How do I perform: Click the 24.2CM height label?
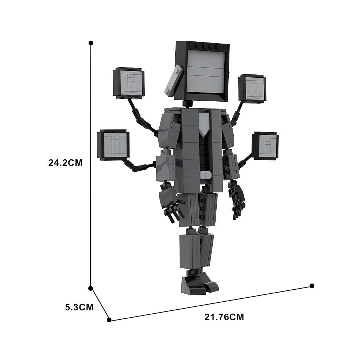click(65, 163)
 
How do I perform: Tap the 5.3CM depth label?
click(79, 307)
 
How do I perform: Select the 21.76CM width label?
click(224, 317)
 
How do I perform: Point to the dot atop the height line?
click(90, 43)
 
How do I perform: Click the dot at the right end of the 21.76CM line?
click(312, 286)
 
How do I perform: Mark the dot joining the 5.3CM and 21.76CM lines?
click(109, 320)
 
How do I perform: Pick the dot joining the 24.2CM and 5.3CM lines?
click(90, 288)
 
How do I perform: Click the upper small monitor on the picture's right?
click(253, 89)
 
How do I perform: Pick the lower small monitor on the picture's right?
click(266, 146)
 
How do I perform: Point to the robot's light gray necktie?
click(204, 123)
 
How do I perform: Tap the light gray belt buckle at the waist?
click(205, 175)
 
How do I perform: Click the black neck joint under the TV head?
click(187, 104)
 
